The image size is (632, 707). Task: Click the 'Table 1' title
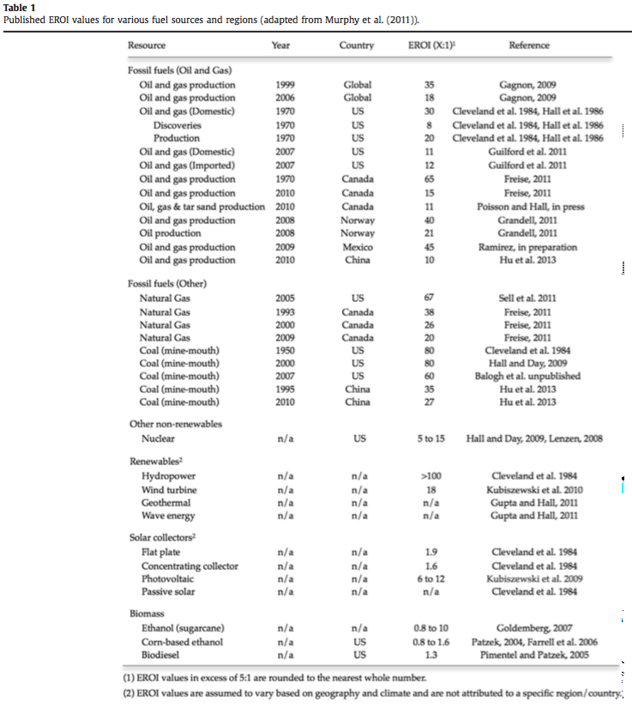click(x=20, y=7)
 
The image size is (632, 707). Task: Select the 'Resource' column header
click(x=147, y=45)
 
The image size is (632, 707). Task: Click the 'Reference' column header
click(x=528, y=45)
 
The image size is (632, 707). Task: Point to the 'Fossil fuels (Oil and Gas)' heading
click(x=179, y=70)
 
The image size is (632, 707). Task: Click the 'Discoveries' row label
click(x=178, y=124)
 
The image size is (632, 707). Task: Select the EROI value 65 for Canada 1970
click(x=430, y=178)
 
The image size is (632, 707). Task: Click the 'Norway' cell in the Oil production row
click(x=358, y=233)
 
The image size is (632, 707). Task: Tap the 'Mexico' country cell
click(x=358, y=247)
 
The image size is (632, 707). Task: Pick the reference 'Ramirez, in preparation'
click(x=528, y=247)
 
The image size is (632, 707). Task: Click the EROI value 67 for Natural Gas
click(x=430, y=298)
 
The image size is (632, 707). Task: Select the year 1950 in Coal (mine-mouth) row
click(x=286, y=350)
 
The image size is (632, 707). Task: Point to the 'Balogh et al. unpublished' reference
click(x=528, y=376)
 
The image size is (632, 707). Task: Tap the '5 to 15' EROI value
click(x=430, y=438)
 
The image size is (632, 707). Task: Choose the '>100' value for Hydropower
click(x=430, y=476)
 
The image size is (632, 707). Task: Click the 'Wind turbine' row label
click(x=169, y=490)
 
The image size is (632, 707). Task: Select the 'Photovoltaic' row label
click(x=168, y=579)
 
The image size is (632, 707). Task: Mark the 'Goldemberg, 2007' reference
click(x=528, y=628)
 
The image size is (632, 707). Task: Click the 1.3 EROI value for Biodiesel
click(x=430, y=655)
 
